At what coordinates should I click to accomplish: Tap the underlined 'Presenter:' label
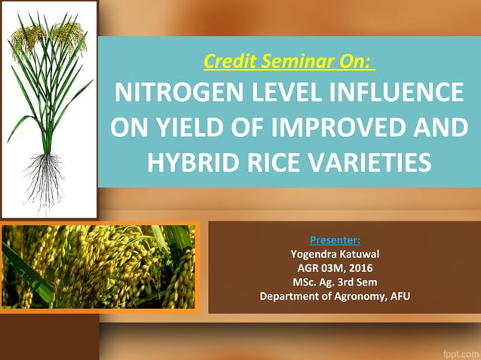[335, 240]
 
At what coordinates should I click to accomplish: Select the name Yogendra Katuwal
[335, 254]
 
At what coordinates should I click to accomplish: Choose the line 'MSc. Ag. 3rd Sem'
[335, 282]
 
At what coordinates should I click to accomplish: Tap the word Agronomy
[354, 296]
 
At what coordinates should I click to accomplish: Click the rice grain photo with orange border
[98, 267]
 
